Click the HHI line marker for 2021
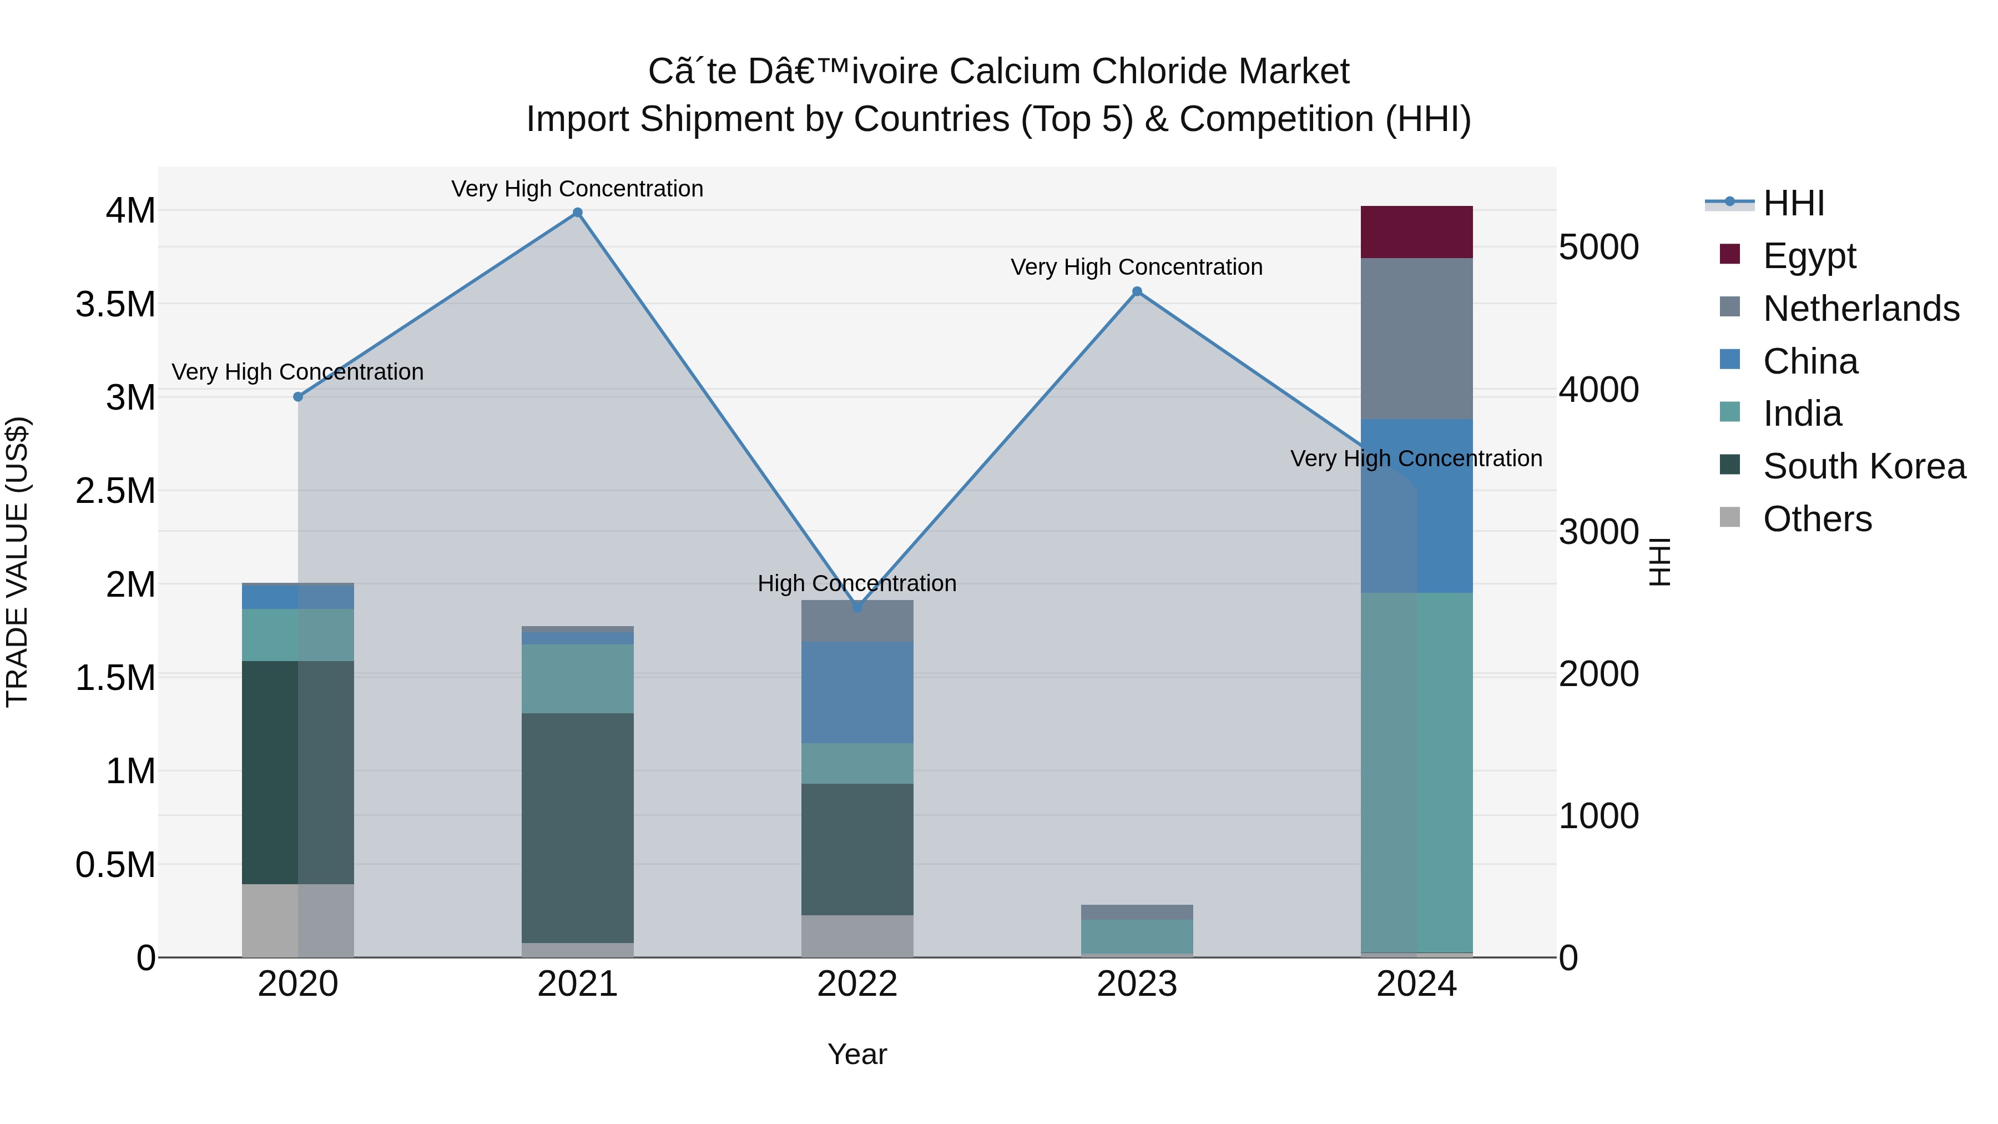point(577,213)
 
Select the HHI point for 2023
point(1137,291)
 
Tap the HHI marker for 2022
point(857,607)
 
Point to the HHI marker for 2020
point(298,396)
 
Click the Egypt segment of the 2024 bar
point(1416,232)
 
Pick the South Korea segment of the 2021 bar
point(577,828)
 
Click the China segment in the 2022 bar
point(857,692)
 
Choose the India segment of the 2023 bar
point(1137,936)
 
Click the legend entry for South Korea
point(1864,466)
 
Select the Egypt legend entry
point(1809,255)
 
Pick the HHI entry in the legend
point(1793,203)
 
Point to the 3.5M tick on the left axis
point(115,304)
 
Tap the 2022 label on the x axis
point(857,984)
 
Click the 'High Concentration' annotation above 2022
point(857,583)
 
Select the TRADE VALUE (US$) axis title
point(17,562)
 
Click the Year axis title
point(857,1054)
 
